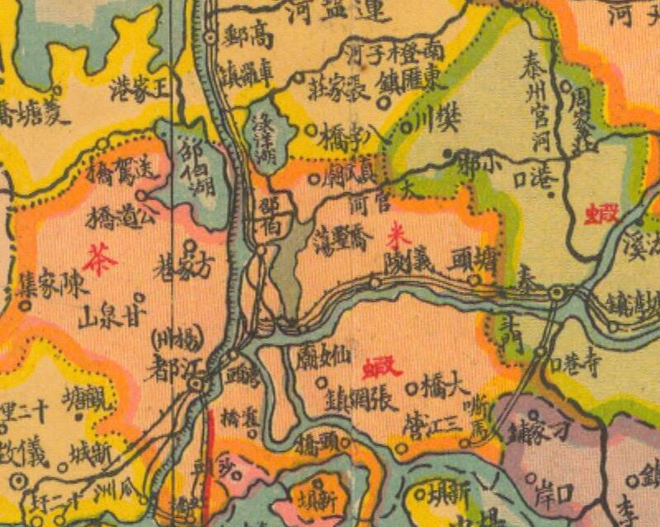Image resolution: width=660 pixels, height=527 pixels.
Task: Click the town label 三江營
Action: pyautogui.click(x=430, y=426)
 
